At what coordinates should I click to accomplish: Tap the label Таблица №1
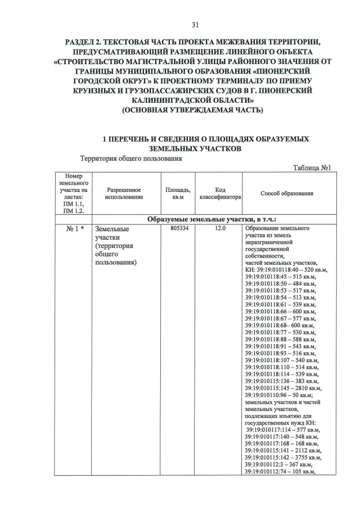click(314, 167)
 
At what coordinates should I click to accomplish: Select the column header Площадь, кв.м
click(178, 193)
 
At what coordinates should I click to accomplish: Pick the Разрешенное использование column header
click(124, 193)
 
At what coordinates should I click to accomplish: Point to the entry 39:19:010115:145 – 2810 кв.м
click(283, 388)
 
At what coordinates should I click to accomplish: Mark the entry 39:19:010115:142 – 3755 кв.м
click(283, 458)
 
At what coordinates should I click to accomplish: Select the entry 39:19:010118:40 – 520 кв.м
click(287, 270)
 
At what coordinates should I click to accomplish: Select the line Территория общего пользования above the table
click(131, 159)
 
